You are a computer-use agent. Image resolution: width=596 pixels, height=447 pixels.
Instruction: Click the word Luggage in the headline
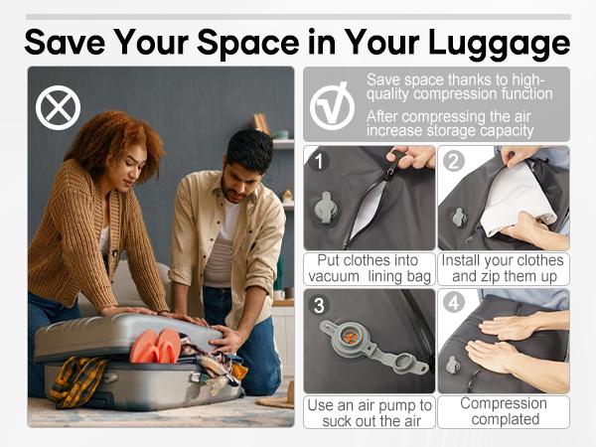tap(499, 44)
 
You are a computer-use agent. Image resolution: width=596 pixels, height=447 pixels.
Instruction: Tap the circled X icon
tap(59, 107)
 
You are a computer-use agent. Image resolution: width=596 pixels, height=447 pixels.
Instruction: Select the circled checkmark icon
tap(332, 107)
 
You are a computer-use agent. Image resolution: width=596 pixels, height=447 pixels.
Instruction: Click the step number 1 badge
tap(319, 161)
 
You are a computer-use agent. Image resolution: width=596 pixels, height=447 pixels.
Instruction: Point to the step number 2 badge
tap(454, 161)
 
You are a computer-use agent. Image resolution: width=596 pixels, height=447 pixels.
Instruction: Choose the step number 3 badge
tap(319, 305)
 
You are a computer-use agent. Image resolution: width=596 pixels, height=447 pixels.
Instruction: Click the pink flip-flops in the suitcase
tap(155, 346)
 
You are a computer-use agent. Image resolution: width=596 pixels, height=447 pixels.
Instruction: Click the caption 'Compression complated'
tap(504, 411)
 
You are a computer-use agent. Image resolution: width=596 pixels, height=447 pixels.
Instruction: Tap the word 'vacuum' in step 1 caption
tap(334, 276)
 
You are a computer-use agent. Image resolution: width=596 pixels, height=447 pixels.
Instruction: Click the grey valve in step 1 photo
tap(325, 208)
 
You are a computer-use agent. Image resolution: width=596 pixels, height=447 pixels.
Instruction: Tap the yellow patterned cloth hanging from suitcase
tap(76, 380)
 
